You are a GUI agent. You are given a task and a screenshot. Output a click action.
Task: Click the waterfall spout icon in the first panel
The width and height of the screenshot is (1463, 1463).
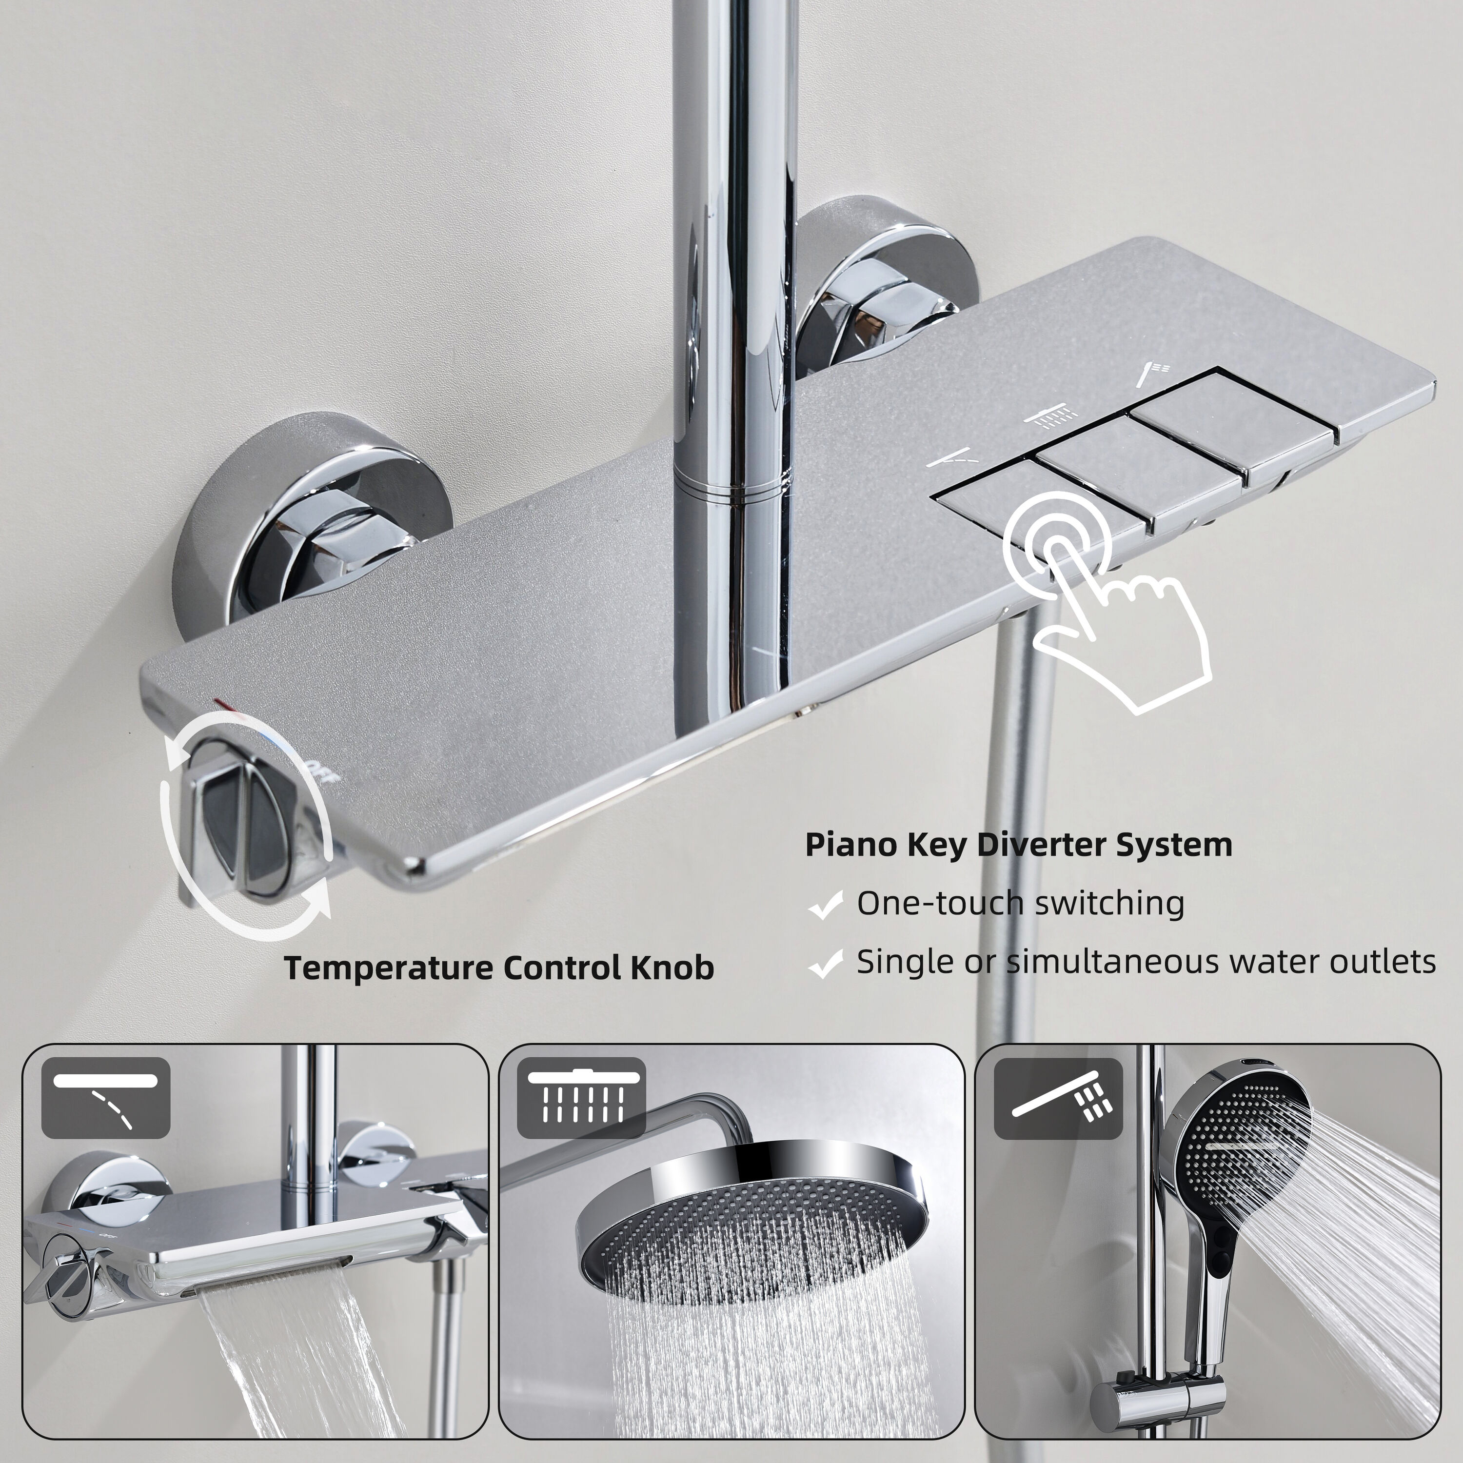pyautogui.click(x=106, y=1098)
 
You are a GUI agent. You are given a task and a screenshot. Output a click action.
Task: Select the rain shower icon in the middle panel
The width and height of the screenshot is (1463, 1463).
pyautogui.click(x=582, y=1098)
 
